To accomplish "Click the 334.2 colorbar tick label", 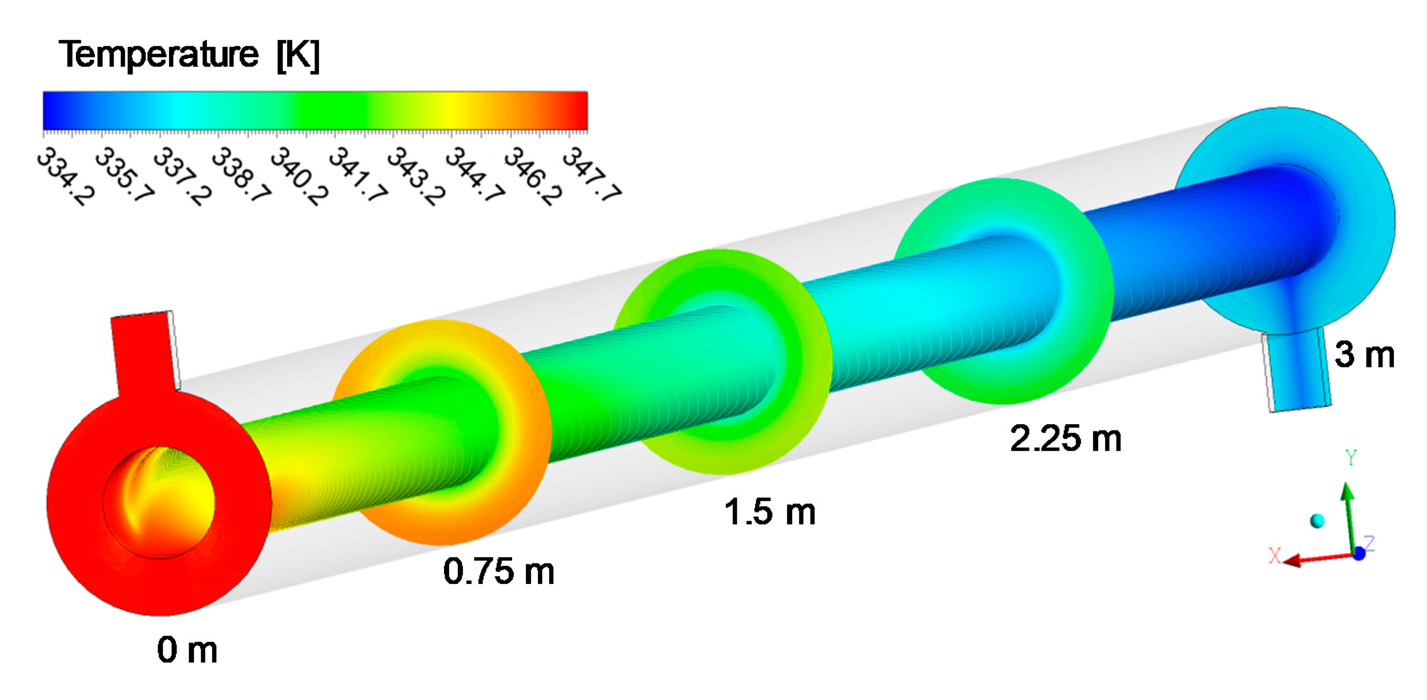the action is (x=66, y=176).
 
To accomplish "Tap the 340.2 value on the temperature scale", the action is (x=299, y=176).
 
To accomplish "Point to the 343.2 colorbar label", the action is (x=416, y=176).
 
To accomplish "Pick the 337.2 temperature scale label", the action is (x=182, y=176).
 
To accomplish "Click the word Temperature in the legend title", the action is (x=159, y=55).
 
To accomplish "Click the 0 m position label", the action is (x=187, y=650).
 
